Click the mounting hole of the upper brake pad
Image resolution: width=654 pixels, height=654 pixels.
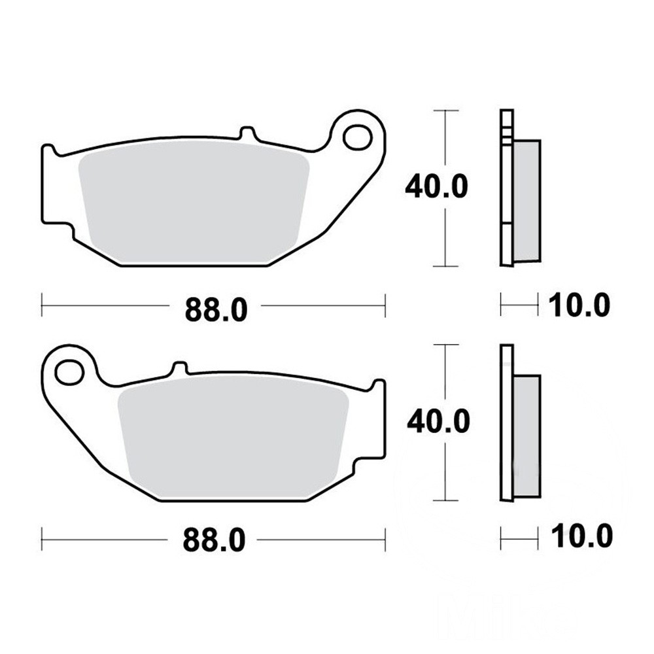coord(358,137)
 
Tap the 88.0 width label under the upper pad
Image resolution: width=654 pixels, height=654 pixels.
coord(216,309)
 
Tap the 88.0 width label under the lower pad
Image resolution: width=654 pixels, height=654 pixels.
coord(214,540)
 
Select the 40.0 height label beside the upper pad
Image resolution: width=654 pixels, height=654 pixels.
coord(436,186)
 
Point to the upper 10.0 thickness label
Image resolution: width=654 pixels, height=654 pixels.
coord(579,305)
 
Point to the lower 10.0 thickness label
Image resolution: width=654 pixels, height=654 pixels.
coord(581,536)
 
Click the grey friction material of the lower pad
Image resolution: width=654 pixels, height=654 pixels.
coord(233,438)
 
